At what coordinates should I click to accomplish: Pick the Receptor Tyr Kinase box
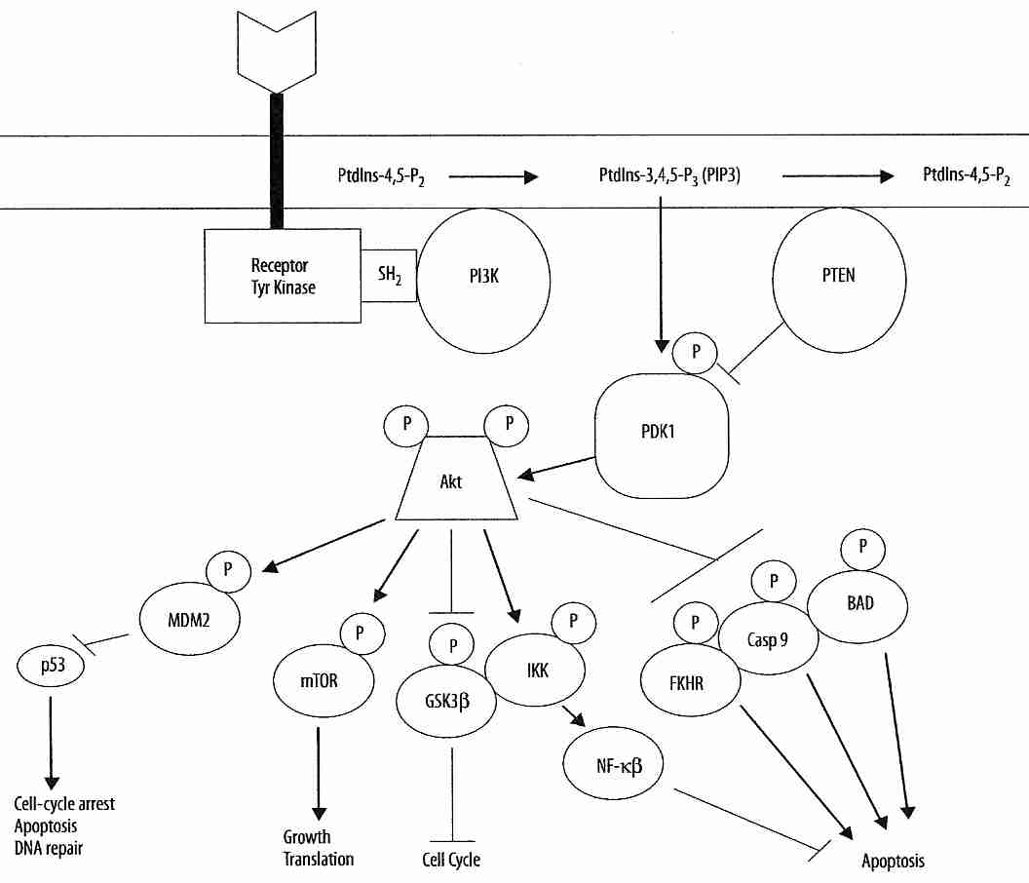[283, 276]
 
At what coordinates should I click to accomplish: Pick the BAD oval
[859, 604]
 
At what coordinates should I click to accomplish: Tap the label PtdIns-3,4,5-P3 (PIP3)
[672, 175]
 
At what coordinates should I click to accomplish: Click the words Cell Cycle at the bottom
[450, 860]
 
